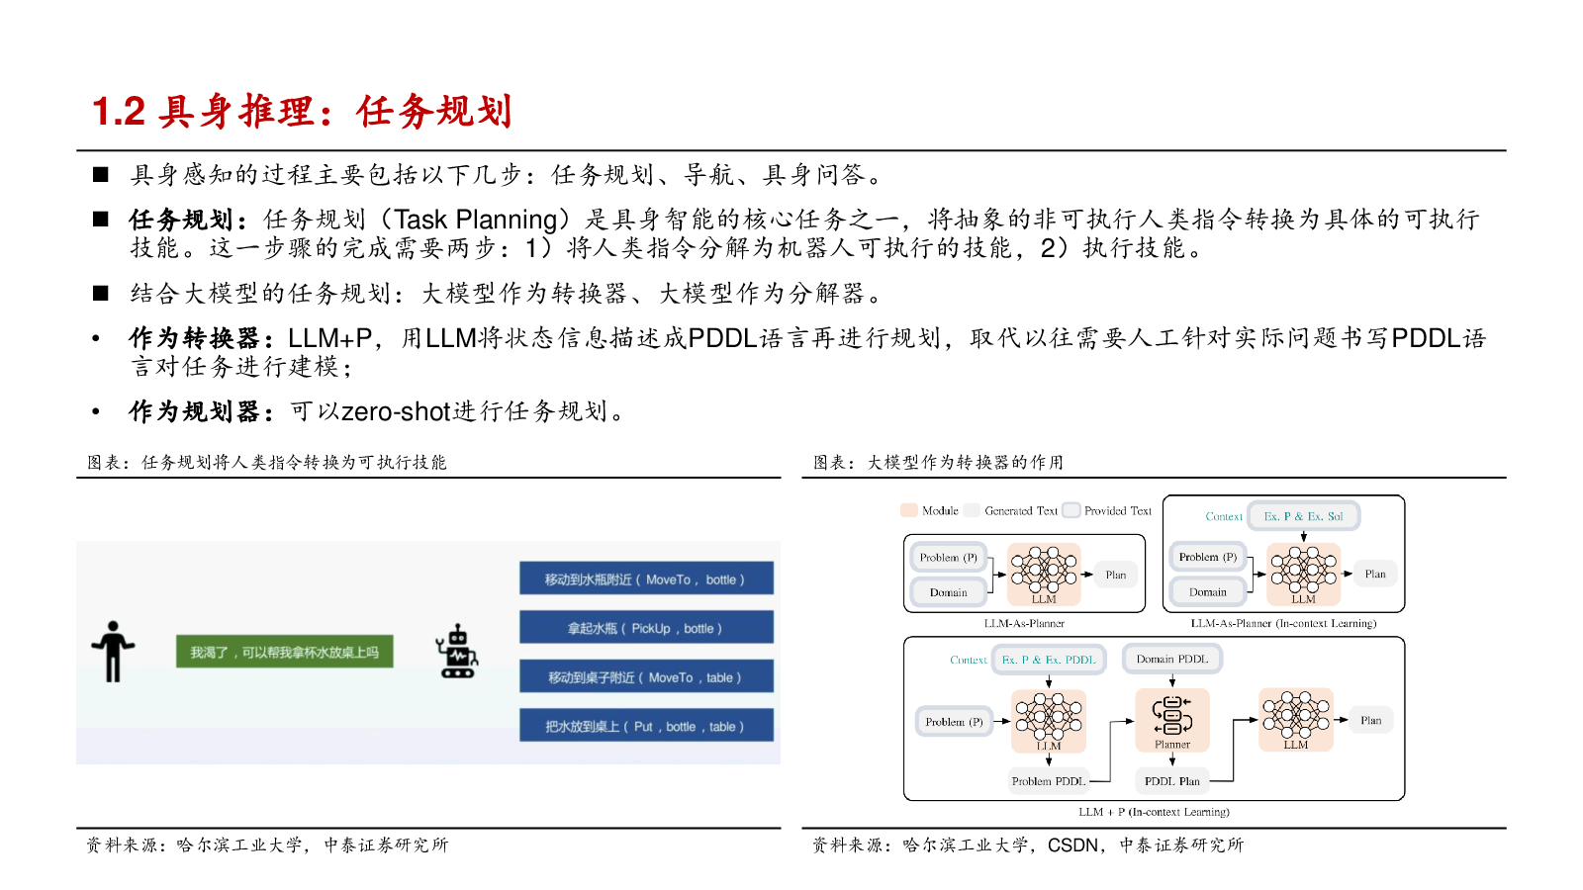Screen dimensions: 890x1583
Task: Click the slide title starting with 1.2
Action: click(302, 112)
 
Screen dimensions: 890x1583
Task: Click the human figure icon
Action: click(113, 652)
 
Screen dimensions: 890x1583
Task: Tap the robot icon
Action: click(457, 652)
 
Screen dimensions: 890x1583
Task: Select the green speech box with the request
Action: click(284, 652)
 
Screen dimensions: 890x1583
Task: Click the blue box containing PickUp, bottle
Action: click(646, 628)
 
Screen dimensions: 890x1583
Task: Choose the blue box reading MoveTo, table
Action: click(646, 677)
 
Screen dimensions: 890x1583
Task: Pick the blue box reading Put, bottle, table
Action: click(646, 726)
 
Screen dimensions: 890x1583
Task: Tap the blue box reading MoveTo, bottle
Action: click(646, 579)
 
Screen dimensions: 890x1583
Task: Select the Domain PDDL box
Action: click(1171, 659)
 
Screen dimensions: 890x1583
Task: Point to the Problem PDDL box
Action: click(1048, 781)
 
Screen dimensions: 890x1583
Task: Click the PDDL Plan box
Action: click(1171, 781)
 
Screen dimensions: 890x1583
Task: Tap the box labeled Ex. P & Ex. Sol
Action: click(1303, 516)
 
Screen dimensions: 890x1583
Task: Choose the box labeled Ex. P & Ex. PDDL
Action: click(1049, 660)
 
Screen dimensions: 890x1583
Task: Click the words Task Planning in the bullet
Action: click(476, 220)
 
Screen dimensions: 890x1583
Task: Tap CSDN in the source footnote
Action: click(1072, 845)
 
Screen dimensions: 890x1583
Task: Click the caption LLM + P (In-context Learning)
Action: click(1154, 812)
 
